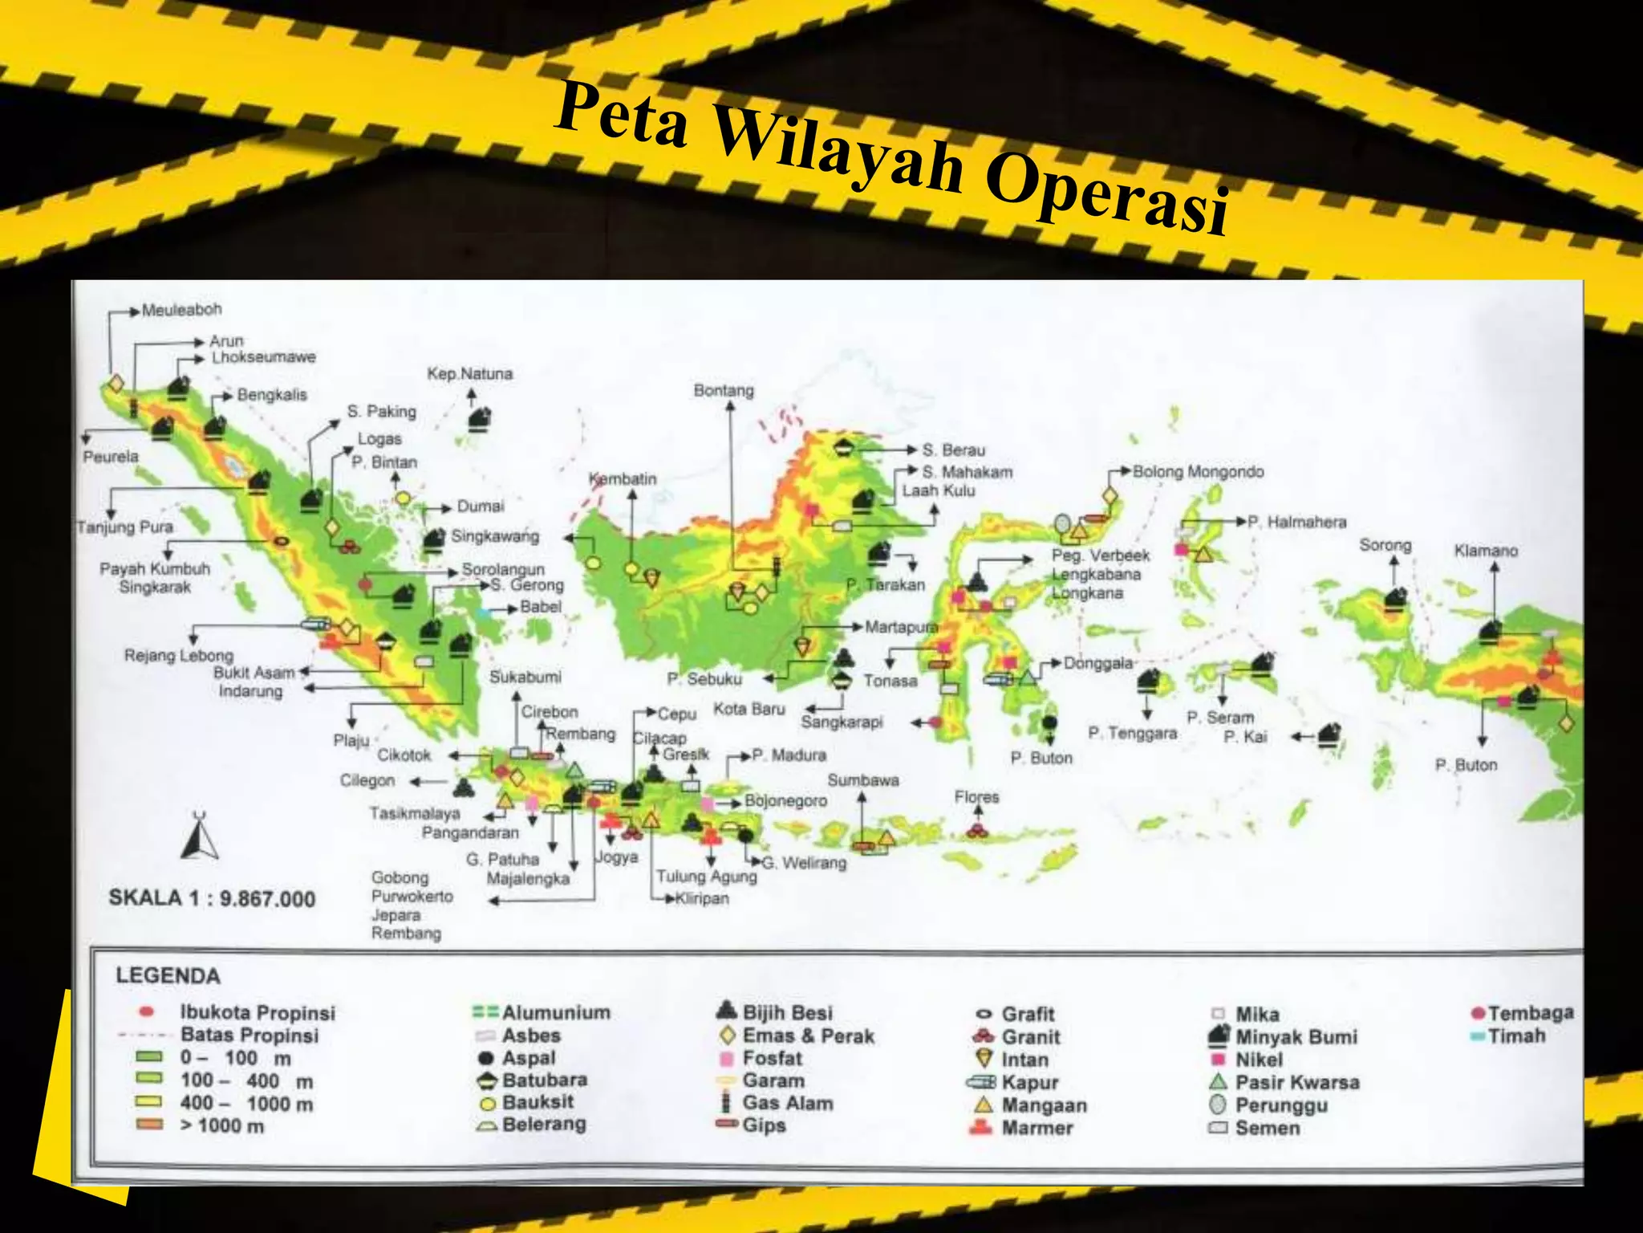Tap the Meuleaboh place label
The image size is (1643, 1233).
[181, 310]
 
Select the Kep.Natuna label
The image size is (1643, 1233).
[469, 374]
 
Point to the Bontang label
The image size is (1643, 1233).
[724, 391]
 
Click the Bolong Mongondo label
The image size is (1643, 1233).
[1198, 472]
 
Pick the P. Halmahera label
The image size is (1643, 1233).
[1296, 523]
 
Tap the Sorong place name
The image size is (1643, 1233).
[1385, 546]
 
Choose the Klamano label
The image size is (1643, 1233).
[1486, 551]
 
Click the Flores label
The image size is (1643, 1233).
[976, 797]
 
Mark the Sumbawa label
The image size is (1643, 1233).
[863, 780]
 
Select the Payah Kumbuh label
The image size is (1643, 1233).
[155, 569]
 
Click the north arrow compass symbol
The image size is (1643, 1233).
[199, 836]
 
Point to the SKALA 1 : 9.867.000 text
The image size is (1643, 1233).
[212, 898]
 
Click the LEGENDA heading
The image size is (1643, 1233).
[168, 976]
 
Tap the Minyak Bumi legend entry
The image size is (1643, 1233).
[1295, 1037]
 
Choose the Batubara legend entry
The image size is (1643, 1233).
[544, 1080]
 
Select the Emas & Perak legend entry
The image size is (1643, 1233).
[807, 1036]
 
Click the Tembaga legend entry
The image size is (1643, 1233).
[1530, 1013]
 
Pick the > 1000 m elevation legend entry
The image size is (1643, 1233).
[221, 1126]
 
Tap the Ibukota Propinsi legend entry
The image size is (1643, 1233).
[257, 1013]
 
